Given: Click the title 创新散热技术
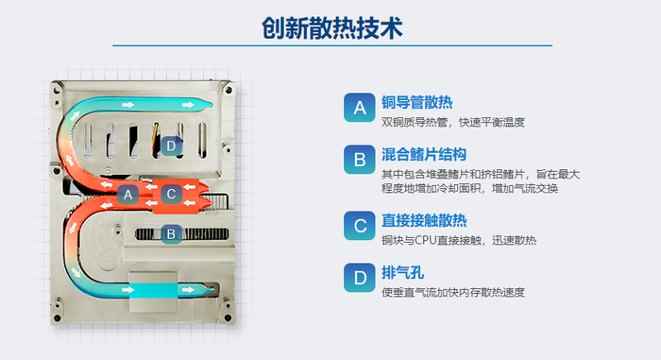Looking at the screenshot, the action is coord(332,28).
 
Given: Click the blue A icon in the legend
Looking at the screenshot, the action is coord(359,108).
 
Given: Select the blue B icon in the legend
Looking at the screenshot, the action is coord(359,160).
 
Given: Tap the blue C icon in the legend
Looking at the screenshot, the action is coord(359,226).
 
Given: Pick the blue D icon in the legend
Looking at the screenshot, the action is coord(359,278).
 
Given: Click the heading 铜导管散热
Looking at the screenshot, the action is coord(417,103).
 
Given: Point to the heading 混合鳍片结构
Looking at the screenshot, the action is coord(424,154).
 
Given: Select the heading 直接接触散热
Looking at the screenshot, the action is coord(424,220).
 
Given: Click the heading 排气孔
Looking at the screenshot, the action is coord(402,273).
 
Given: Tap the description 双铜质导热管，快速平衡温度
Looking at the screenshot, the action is coord(453,123).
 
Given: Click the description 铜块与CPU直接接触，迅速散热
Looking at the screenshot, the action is coord(459,241).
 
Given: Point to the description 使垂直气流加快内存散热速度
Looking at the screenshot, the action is coord(453,293).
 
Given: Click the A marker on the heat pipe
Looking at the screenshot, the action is coord(127,195).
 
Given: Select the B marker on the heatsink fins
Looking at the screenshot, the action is coord(171,233).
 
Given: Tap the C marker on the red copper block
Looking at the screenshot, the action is coord(171,194).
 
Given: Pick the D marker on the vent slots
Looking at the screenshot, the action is coord(171,146).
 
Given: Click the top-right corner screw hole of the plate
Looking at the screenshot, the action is coord(229,90).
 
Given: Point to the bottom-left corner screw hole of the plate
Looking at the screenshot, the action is coord(57,317).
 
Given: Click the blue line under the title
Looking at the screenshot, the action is coord(332,45).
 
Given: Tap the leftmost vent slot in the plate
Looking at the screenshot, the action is coord(88,141).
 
